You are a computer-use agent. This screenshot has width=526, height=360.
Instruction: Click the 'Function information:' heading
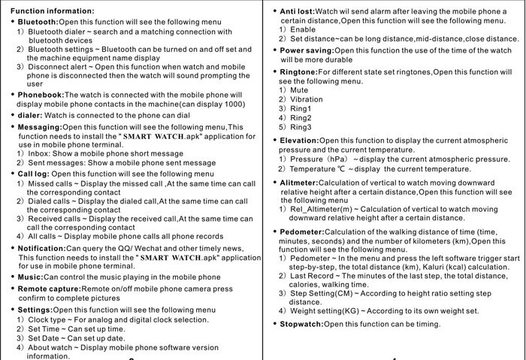pos(53,11)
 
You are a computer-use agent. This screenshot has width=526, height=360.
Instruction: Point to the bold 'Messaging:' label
pos(40,127)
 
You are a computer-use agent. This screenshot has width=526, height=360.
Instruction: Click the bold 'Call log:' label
pos(34,174)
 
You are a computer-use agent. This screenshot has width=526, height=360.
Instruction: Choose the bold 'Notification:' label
pos(41,248)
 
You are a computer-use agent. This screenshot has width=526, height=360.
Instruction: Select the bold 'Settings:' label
pos(35,310)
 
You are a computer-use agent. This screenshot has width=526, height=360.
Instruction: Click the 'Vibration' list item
pos(306,99)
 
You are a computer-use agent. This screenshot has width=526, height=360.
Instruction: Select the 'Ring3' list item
pos(301,127)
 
